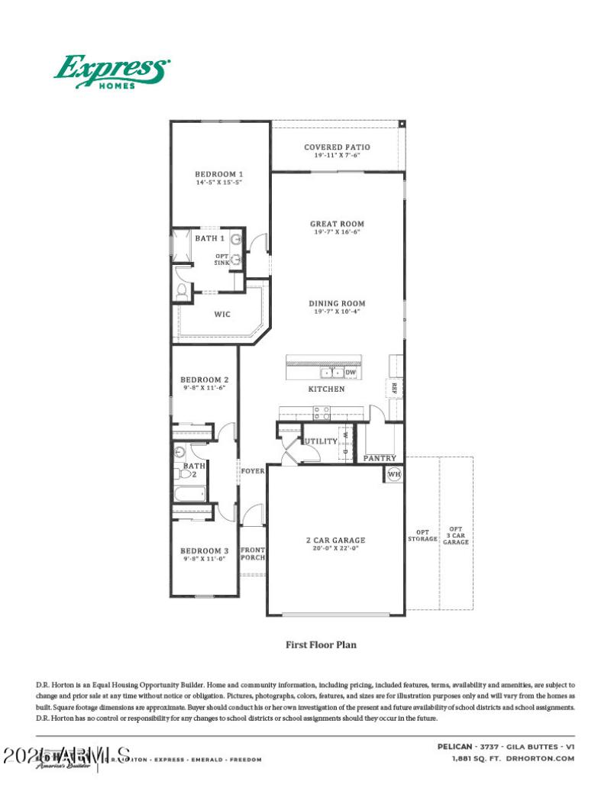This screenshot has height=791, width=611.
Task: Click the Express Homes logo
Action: [112, 72]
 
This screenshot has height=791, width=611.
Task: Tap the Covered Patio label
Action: [337, 147]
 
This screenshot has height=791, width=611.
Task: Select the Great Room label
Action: [337, 224]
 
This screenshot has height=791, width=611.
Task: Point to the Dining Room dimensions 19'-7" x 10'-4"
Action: [337, 311]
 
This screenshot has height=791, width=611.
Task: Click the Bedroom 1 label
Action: [219, 174]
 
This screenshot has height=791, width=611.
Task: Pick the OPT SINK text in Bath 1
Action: [221, 260]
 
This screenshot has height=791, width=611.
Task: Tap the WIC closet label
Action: [222, 315]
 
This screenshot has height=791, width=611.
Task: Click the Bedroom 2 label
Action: [204, 379]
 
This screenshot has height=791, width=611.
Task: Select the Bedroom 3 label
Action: [204, 550]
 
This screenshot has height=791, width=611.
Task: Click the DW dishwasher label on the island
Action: [351, 373]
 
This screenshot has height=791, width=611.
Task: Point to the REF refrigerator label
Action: [395, 388]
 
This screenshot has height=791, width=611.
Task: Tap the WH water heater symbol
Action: [394, 473]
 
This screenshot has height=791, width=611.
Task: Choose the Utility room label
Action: [321, 441]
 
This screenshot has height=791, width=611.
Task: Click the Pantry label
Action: [379, 458]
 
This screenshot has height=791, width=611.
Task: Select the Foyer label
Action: [253, 470]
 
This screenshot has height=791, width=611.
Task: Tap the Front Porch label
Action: [253, 554]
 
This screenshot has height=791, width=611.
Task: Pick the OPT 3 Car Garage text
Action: [456, 534]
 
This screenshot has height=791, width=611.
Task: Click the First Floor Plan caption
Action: [321, 644]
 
